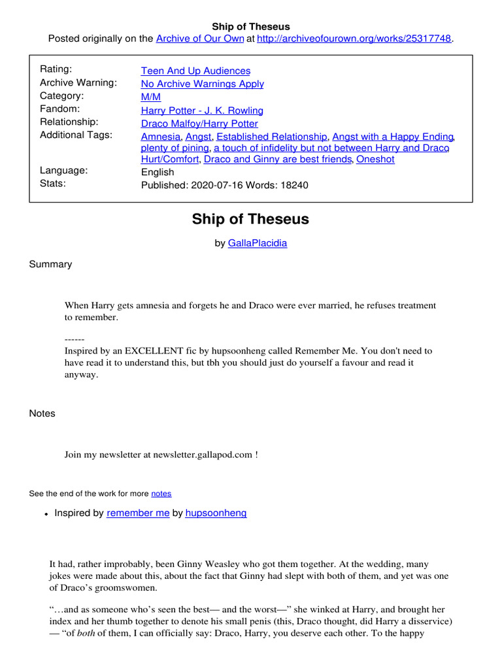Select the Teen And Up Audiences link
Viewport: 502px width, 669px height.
(195, 71)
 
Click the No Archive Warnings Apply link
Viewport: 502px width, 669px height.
(202, 84)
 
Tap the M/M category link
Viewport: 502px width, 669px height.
(150, 97)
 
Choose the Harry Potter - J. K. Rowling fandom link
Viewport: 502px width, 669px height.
(202, 110)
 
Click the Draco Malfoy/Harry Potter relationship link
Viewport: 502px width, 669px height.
(199, 123)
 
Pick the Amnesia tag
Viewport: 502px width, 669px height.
(160, 137)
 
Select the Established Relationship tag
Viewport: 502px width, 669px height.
(271, 137)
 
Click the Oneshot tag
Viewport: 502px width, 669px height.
(375, 159)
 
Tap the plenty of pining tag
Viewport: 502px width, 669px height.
(175, 148)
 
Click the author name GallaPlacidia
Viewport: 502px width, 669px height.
(257, 243)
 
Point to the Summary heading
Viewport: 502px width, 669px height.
(50, 265)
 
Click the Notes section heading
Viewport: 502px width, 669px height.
(42, 414)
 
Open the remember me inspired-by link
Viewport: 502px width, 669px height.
(138, 514)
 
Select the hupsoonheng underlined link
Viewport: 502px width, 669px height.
(216, 514)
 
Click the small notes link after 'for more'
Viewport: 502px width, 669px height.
(161, 494)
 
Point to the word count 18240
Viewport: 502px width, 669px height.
(293, 185)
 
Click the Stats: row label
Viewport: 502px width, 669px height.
(53, 184)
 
